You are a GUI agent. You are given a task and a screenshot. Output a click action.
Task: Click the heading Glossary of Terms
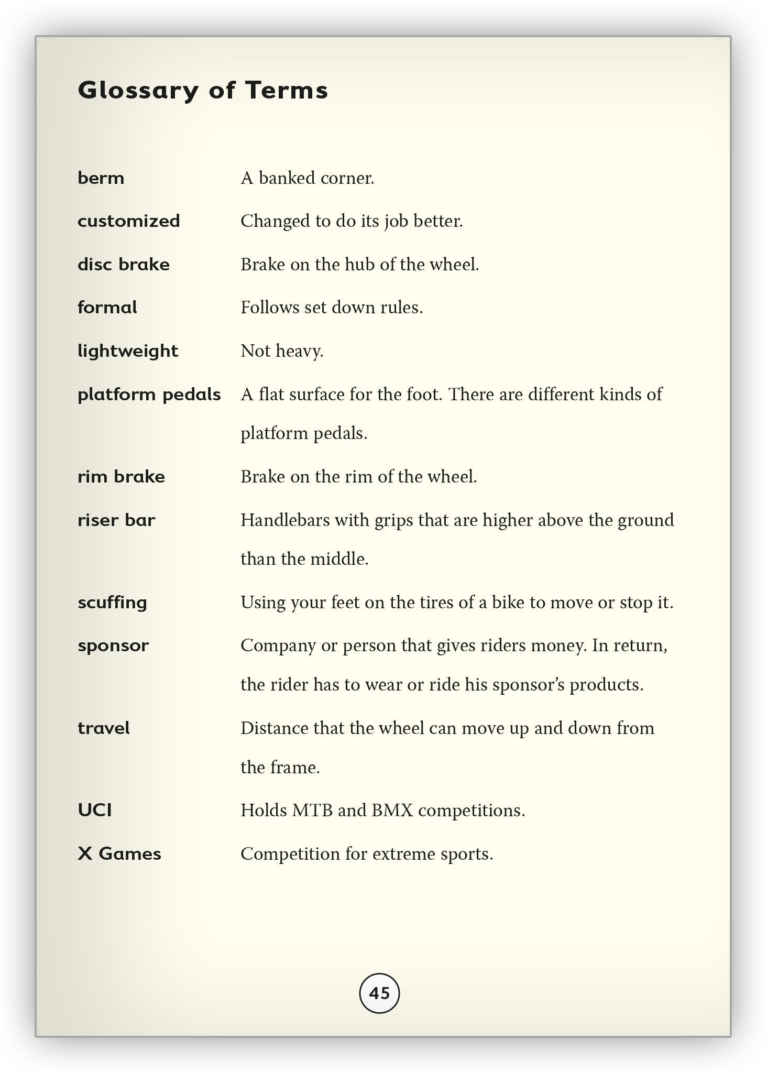pyautogui.click(x=203, y=90)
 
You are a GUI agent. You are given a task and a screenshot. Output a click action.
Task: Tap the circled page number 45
pyautogui.click(x=379, y=993)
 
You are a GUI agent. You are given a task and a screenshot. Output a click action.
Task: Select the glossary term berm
pyautogui.click(x=101, y=178)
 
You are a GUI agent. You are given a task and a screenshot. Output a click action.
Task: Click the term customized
pyautogui.click(x=128, y=221)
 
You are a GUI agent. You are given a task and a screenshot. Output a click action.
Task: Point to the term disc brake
pyautogui.click(x=124, y=265)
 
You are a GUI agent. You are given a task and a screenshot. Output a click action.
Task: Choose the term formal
pyautogui.click(x=107, y=308)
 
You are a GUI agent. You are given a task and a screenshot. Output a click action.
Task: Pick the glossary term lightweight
pyautogui.click(x=128, y=351)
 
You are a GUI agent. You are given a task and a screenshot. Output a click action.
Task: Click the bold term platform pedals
pyautogui.click(x=149, y=395)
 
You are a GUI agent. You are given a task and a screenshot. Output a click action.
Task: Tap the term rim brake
pyautogui.click(x=121, y=477)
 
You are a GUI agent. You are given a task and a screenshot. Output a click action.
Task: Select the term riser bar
pyautogui.click(x=116, y=520)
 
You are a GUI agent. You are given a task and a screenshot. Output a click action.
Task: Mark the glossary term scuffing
pyautogui.click(x=112, y=603)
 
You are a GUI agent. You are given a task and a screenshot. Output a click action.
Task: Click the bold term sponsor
pyautogui.click(x=113, y=645)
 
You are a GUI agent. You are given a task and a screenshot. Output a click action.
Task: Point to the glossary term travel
pyautogui.click(x=103, y=728)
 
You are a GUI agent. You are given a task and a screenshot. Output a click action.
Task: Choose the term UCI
pyautogui.click(x=95, y=811)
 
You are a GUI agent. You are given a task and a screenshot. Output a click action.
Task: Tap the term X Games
pyautogui.click(x=119, y=854)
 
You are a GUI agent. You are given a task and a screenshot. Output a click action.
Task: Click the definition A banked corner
pyautogui.click(x=308, y=178)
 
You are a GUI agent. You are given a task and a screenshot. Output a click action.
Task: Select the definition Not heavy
pyautogui.click(x=282, y=351)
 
